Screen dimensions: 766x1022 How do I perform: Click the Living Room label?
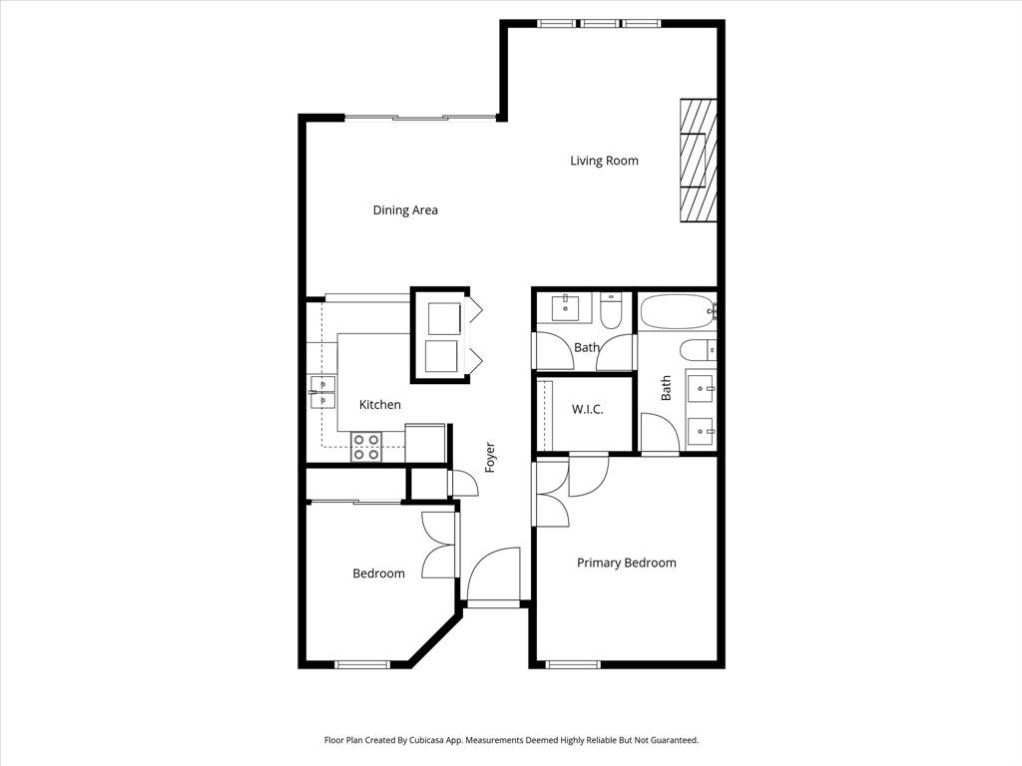pyautogui.click(x=604, y=161)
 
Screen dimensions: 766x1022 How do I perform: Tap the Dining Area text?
pyautogui.click(x=405, y=210)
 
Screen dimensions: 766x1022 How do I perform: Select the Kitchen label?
pyautogui.click(x=380, y=405)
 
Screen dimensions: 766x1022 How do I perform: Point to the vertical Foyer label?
pyautogui.click(x=490, y=457)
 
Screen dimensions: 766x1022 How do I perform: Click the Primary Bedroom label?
pyautogui.click(x=626, y=563)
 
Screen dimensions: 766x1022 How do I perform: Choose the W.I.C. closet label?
pyautogui.click(x=587, y=410)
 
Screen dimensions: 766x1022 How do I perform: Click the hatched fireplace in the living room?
pyautogui.click(x=698, y=161)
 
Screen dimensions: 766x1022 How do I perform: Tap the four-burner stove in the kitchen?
pyautogui.click(x=366, y=447)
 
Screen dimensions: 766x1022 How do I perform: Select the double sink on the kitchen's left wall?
pyautogui.click(x=320, y=393)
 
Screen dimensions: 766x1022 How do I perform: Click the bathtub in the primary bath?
pyautogui.click(x=676, y=312)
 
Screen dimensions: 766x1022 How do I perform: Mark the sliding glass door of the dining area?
pyautogui.click(x=420, y=119)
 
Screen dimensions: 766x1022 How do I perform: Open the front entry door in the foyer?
pyautogui.click(x=493, y=576)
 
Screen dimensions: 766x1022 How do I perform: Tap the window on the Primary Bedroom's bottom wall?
pyautogui.click(x=573, y=664)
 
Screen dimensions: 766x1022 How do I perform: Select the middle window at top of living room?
pyautogui.click(x=599, y=23)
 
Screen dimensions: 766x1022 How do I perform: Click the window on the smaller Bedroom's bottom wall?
pyautogui.click(x=361, y=664)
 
